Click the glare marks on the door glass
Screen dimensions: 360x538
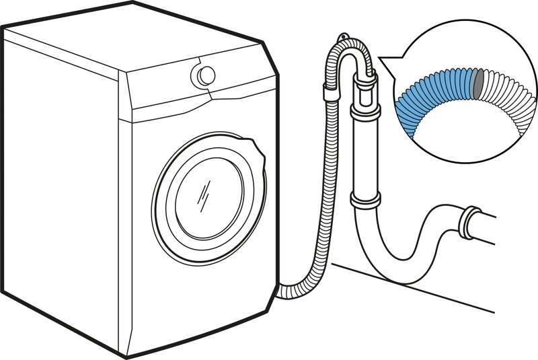coord(203,196)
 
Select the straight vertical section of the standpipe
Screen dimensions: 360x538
coord(363,155)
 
